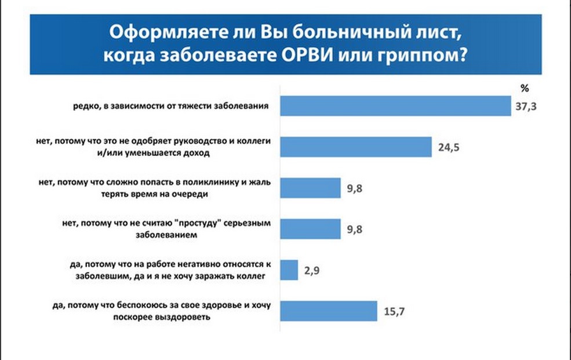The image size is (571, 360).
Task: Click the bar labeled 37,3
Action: coord(395,106)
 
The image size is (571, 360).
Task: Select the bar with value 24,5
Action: coord(356,147)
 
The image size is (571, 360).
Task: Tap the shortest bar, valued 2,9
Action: coord(289,270)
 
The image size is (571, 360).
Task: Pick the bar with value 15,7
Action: coord(329,311)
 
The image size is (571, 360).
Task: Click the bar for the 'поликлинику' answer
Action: coord(310,188)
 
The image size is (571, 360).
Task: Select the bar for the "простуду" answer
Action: coord(310,229)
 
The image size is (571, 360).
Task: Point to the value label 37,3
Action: coord(526,106)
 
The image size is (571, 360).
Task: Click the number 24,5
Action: coord(449,147)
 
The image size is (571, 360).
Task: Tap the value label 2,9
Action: coord(312,271)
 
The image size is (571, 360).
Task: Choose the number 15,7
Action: coord(394,311)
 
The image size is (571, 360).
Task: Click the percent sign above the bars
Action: coord(525,88)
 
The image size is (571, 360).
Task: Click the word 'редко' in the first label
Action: coord(85,106)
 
